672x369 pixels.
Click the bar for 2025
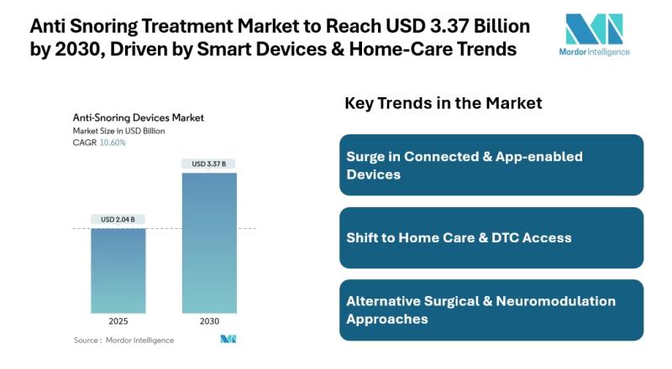pos(118,270)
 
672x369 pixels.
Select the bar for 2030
pos(209,242)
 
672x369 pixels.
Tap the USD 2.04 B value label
pos(118,220)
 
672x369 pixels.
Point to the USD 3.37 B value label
pos(209,164)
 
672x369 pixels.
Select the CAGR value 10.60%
pos(113,143)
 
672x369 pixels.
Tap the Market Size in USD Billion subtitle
pos(119,131)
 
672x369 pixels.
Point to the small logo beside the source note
pos(228,340)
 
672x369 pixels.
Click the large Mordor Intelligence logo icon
pos(594,29)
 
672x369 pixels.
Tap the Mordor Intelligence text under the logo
pos(595,52)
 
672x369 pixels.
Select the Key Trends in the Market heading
pos(444,103)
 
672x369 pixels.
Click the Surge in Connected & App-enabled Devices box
pos(491,165)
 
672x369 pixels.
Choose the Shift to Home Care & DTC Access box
pos(491,237)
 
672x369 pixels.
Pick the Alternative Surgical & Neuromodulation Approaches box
pos(491,309)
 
